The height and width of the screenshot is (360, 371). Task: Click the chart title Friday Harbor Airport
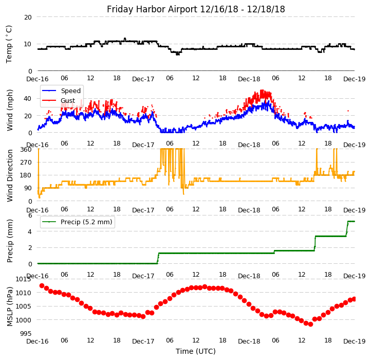pos(196,9)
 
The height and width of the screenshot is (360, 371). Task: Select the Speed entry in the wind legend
pos(71,91)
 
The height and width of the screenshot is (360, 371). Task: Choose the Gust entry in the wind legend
pos(67,100)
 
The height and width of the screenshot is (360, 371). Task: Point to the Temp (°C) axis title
pos(9,44)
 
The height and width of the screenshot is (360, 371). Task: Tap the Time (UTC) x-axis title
pos(196,351)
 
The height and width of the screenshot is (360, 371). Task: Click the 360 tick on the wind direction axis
pos(26,149)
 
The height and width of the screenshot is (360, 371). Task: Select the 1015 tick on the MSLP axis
pos(23,279)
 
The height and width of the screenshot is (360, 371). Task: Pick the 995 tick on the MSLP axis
pos(25,334)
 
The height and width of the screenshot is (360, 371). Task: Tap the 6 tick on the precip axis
pos(30,215)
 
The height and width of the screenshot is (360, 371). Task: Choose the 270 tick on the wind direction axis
pos(26,162)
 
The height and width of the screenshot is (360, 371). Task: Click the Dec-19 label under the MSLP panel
pos(355,341)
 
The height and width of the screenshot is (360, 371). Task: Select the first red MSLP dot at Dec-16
pos(42,285)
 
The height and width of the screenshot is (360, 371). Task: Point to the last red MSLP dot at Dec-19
pos(354,299)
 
